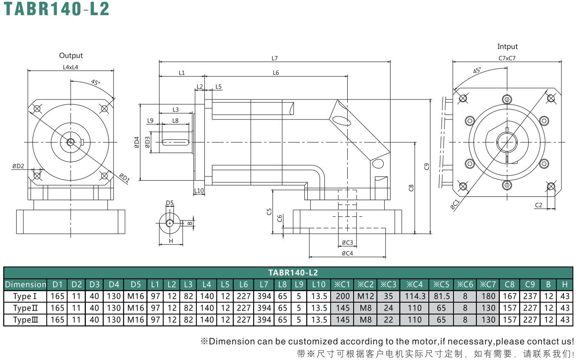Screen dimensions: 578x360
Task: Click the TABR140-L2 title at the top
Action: tap(57, 9)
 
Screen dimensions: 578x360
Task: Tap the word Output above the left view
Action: tap(71, 56)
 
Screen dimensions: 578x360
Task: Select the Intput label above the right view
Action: tap(507, 47)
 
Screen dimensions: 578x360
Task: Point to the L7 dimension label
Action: tap(275, 59)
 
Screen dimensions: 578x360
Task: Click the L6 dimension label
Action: tap(276, 73)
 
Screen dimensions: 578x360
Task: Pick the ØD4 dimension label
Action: tap(137, 142)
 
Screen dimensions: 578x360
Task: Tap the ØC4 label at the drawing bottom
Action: tap(347, 253)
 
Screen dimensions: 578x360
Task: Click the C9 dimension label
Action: tap(427, 167)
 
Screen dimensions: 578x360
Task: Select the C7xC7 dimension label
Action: tap(507, 58)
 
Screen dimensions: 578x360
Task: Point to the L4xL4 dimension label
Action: tap(71, 67)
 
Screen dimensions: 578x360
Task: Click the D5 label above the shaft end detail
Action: tap(170, 203)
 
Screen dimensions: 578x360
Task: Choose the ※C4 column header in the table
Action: tap(414, 284)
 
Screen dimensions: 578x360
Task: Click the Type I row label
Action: tap(25, 296)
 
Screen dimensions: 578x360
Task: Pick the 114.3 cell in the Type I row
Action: tap(415, 296)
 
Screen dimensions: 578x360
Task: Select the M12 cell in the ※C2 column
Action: tap(365, 296)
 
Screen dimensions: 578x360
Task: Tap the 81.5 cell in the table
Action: tap(441, 296)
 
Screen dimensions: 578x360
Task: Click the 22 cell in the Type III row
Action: tap(388, 320)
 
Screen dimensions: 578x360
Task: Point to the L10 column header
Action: tap(319, 284)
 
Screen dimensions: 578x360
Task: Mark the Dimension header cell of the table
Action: tap(25, 284)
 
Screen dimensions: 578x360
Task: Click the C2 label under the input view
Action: tap(538, 205)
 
